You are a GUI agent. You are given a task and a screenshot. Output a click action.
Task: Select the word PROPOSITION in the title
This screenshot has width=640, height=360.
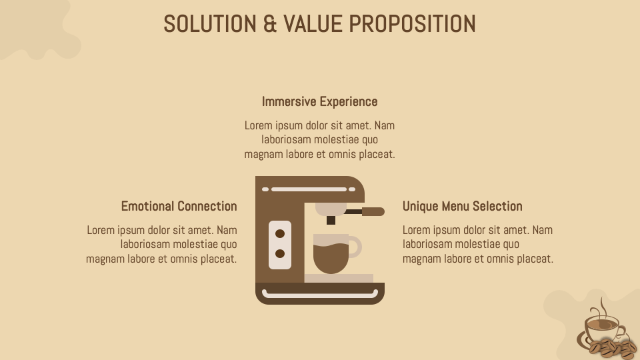coord(413,24)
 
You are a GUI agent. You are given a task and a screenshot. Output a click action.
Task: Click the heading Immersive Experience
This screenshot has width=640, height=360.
coord(319,101)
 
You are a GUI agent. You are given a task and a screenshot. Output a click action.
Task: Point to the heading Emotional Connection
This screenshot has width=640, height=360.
coord(179,206)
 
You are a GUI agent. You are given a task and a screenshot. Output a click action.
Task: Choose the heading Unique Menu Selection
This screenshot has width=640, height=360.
coord(462,206)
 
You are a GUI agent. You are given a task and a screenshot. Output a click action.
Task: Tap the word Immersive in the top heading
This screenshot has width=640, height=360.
coord(289,101)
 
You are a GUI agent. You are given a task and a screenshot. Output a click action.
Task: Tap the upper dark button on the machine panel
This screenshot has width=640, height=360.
coord(280,233)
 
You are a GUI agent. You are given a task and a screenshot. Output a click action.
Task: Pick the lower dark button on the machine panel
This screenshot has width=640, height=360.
coord(280,254)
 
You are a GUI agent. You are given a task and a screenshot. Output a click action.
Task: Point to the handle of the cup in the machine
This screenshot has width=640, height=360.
coord(355,247)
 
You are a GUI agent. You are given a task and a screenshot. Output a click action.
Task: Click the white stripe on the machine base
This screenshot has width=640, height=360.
coord(320,293)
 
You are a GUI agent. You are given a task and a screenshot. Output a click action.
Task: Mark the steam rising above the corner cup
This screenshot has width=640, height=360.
coord(601,307)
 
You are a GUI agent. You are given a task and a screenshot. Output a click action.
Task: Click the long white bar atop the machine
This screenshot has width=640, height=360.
coord(309,189)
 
